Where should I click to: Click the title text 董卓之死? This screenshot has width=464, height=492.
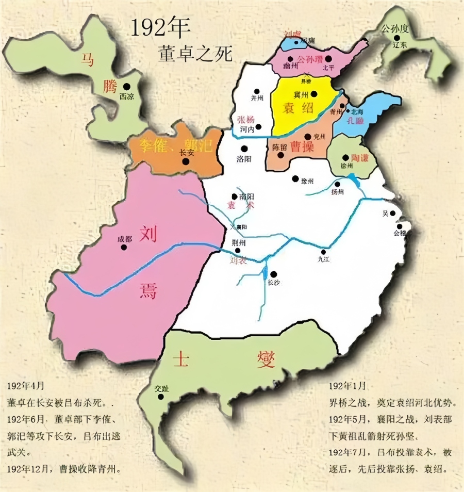(196, 52)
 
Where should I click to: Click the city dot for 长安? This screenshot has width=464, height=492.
(186, 161)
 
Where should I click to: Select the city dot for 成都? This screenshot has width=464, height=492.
(124, 247)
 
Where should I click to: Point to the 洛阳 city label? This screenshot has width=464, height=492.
(243, 158)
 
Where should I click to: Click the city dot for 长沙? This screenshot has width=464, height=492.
(274, 274)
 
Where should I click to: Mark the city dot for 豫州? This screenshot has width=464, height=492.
(295, 179)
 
